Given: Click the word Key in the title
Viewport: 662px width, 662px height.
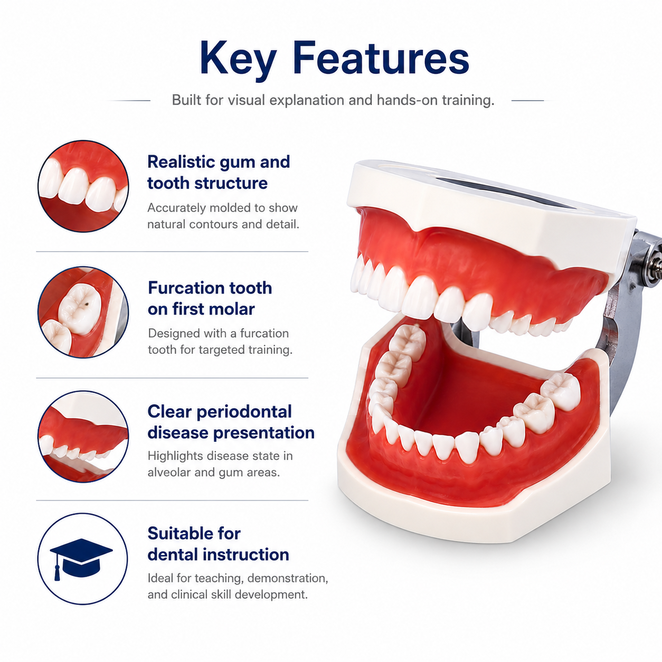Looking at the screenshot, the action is click(239, 59).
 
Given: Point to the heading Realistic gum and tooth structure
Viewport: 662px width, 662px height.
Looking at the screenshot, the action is click(219, 172).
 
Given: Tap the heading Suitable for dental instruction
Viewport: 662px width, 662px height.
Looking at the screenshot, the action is click(218, 544).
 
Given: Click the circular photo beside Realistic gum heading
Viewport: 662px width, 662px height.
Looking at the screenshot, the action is click(83, 186).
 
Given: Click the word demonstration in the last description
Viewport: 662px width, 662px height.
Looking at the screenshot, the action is click(288, 578).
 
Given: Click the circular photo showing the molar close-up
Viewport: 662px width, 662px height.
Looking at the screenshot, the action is click(83, 313).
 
